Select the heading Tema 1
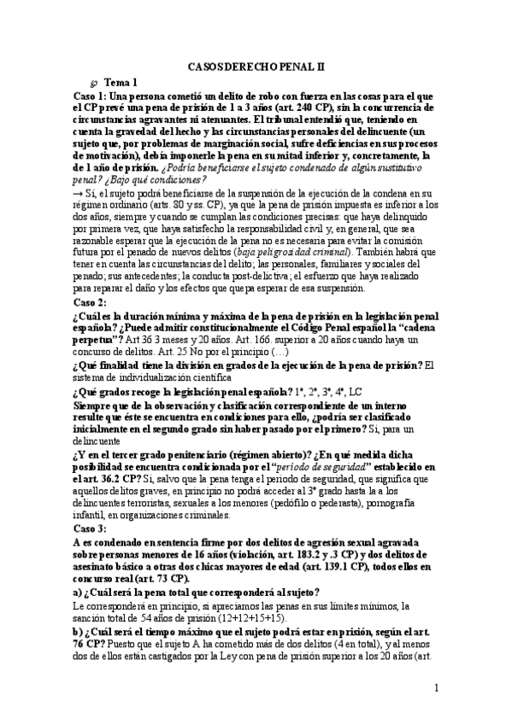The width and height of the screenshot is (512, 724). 121,82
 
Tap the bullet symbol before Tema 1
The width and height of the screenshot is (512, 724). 94,83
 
